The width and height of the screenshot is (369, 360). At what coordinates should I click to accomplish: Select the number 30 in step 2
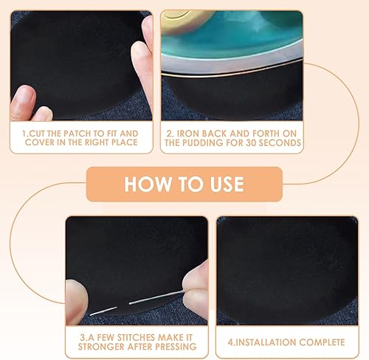click(x=251, y=142)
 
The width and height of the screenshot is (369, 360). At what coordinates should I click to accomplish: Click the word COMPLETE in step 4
click(x=322, y=342)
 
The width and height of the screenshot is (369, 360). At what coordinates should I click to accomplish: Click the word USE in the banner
click(x=227, y=184)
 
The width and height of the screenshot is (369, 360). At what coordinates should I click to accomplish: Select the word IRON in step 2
click(x=188, y=134)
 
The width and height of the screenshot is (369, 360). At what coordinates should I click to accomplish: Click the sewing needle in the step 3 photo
click(x=137, y=303)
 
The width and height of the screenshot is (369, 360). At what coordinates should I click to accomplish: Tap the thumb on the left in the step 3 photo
click(x=76, y=301)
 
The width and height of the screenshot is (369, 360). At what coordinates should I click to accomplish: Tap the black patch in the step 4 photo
click(x=286, y=266)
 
